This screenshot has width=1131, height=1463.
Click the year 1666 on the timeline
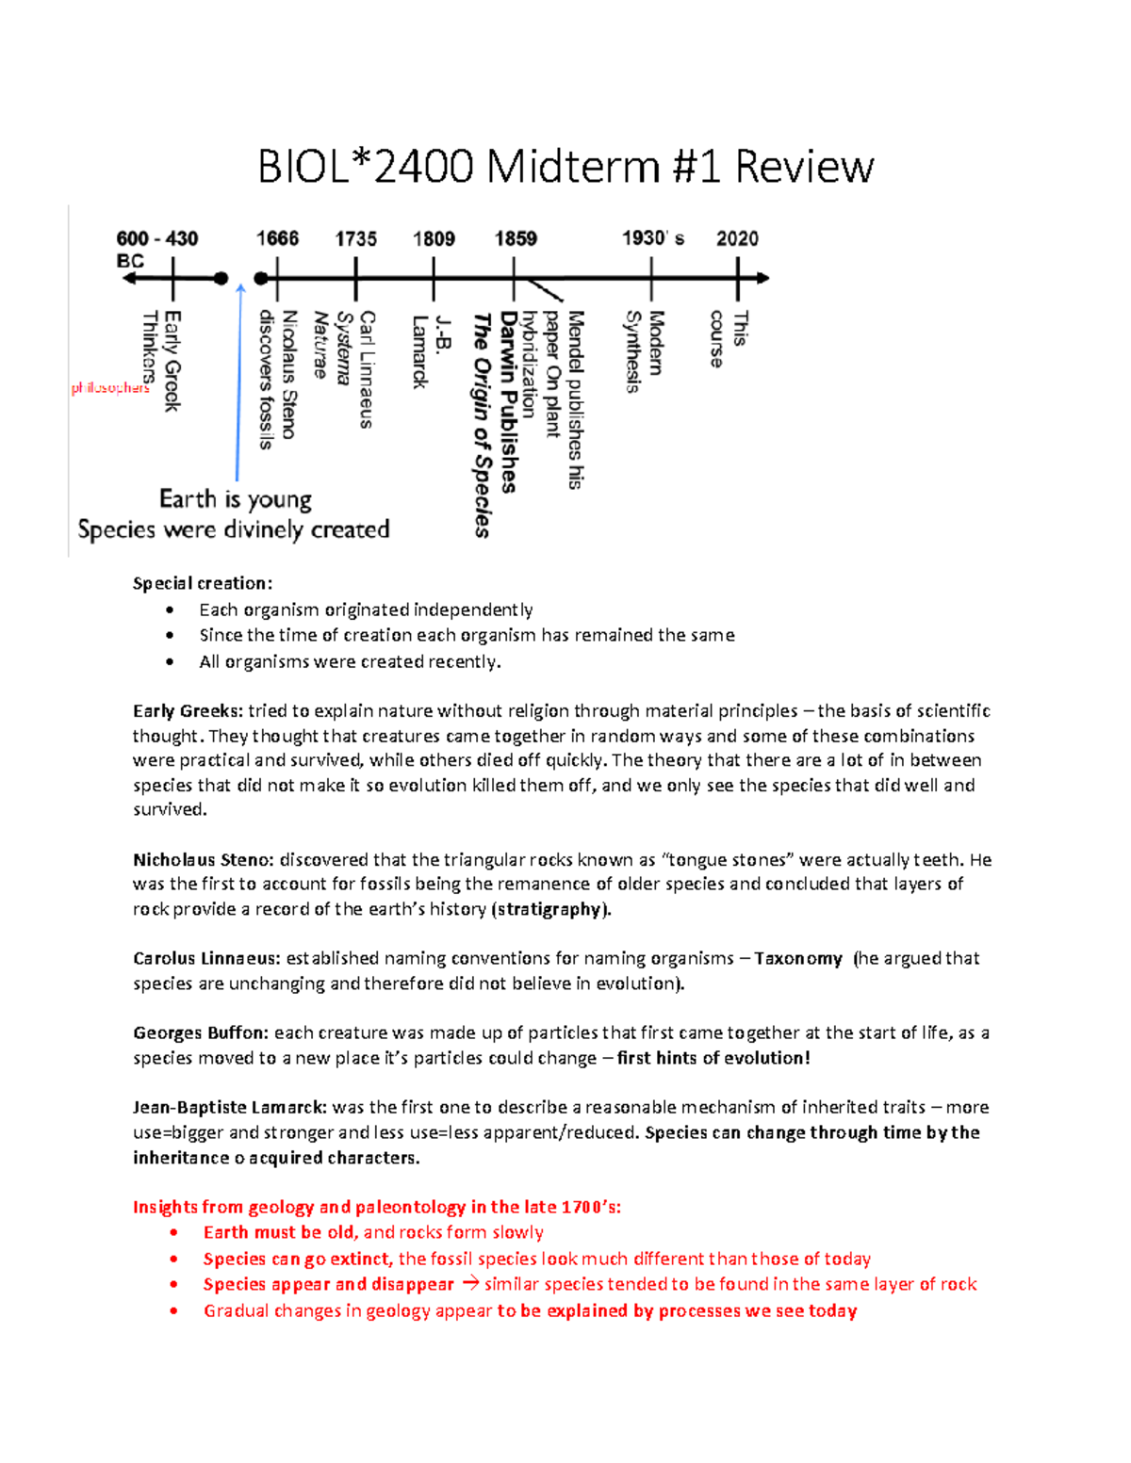(277, 238)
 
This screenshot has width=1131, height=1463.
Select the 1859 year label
(516, 238)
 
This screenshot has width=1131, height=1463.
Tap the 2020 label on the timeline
(737, 238)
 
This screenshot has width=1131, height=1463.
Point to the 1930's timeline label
(652, 238)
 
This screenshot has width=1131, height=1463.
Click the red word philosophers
(110, 388)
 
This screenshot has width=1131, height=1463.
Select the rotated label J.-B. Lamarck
(431, 351)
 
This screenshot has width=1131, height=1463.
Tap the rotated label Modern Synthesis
(645, 350)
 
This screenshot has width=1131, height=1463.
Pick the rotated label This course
(728, 338)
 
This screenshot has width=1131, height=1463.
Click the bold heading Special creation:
(203, 583)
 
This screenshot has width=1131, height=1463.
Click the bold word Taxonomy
(797, 958)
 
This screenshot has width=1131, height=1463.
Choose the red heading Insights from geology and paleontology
(377, 1207)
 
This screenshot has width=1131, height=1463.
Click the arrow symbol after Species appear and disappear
(469, 1284)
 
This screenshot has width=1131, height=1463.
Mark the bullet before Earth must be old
(173, 1232)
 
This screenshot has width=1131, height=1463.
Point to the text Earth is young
(236, 498)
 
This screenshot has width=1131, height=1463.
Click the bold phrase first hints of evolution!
(713, 1058)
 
